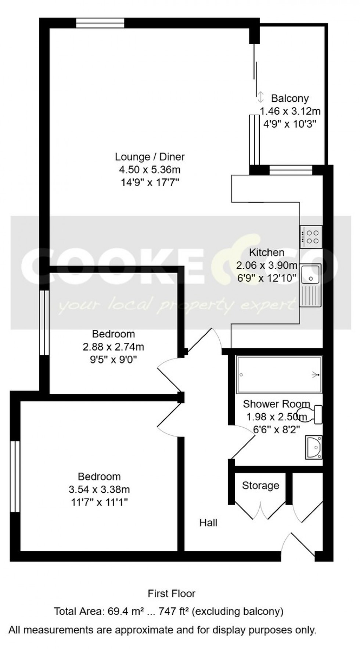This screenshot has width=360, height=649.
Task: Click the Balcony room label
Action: coord(289,98)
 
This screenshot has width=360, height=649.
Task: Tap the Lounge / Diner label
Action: coord(150,157)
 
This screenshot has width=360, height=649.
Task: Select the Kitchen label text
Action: coord(267,253)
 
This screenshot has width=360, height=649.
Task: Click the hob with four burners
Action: coord(311,237)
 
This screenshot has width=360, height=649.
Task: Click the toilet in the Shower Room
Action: coord(312,414)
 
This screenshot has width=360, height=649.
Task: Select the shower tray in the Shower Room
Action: coord(279,375)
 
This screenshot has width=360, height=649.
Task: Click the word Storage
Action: coord(260,486)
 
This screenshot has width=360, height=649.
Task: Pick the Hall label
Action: coord(208,523)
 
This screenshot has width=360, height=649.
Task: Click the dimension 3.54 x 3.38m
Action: coord(99,489)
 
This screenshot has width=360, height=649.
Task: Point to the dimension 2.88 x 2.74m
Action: coord(113,347)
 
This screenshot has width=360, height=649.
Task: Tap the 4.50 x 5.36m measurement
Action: coord(150,170)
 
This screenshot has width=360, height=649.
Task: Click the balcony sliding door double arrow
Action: coord(260,97)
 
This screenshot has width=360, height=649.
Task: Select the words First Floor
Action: coord(172,594)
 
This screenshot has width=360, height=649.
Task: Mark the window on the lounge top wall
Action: coord(100,23)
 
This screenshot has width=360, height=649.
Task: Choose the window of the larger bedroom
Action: coord(15,476)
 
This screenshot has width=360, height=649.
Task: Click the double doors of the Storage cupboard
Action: coord(260,511)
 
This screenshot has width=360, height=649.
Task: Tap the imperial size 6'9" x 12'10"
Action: coord(267,278)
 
